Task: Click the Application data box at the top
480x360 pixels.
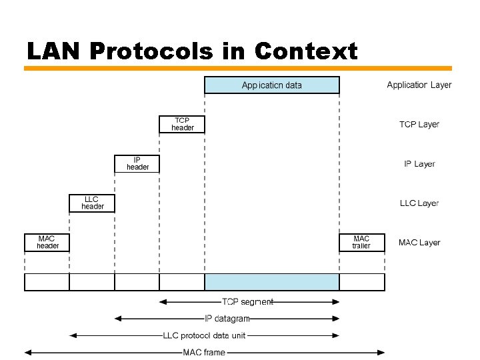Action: pos(271,85)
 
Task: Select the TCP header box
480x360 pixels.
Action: pos(182,124)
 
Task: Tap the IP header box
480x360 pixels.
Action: pos(137,163)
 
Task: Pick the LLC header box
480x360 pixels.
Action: pos(92,203)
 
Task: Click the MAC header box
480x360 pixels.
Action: pos(47,242)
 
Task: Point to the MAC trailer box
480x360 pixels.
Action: pos(361,242)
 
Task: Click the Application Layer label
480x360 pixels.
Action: pos(419,85)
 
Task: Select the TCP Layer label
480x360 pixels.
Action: pos(419,125)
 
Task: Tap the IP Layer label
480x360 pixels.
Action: pos(419,164)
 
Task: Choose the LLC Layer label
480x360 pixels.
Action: pos(419,203)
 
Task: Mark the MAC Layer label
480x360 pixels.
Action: pos(419,243)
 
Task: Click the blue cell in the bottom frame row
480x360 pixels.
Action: pos(271,282)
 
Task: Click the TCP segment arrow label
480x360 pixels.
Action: pos(247,302)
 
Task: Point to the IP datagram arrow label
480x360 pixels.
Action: pos(227,319)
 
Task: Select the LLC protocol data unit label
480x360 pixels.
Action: pos(205,335)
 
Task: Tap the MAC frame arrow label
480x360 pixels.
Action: pos(204,352)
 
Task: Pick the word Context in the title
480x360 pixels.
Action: pos(306,51)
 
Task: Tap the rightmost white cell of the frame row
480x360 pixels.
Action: pos(362,282)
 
